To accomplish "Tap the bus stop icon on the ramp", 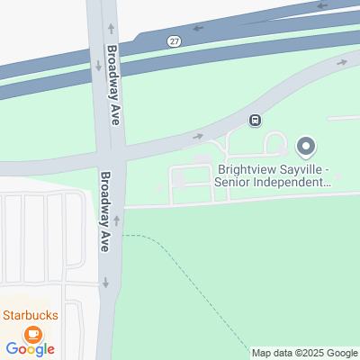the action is [256, 121].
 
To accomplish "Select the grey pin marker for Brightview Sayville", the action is [306, 146].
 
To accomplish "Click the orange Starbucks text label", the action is [30, 315].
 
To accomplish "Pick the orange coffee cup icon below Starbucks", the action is [32, 334].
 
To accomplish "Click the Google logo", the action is [30, 349].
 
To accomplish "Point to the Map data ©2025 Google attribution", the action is [304, 353].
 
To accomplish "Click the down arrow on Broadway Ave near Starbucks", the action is [105, 283].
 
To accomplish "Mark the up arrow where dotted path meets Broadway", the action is [116, 220].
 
